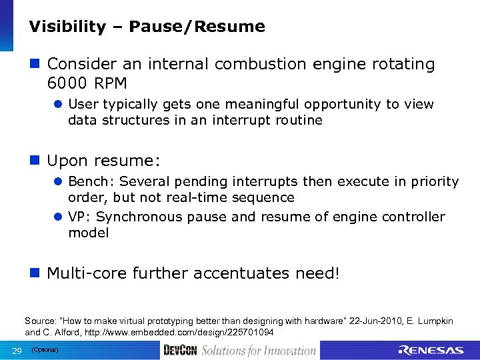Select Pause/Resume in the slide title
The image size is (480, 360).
coord(197,27)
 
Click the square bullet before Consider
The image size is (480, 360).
coord(35,65)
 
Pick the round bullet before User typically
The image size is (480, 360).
coord(59,105)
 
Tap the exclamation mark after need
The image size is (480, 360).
coord(337,273)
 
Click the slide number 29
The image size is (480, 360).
coord(17,351)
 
